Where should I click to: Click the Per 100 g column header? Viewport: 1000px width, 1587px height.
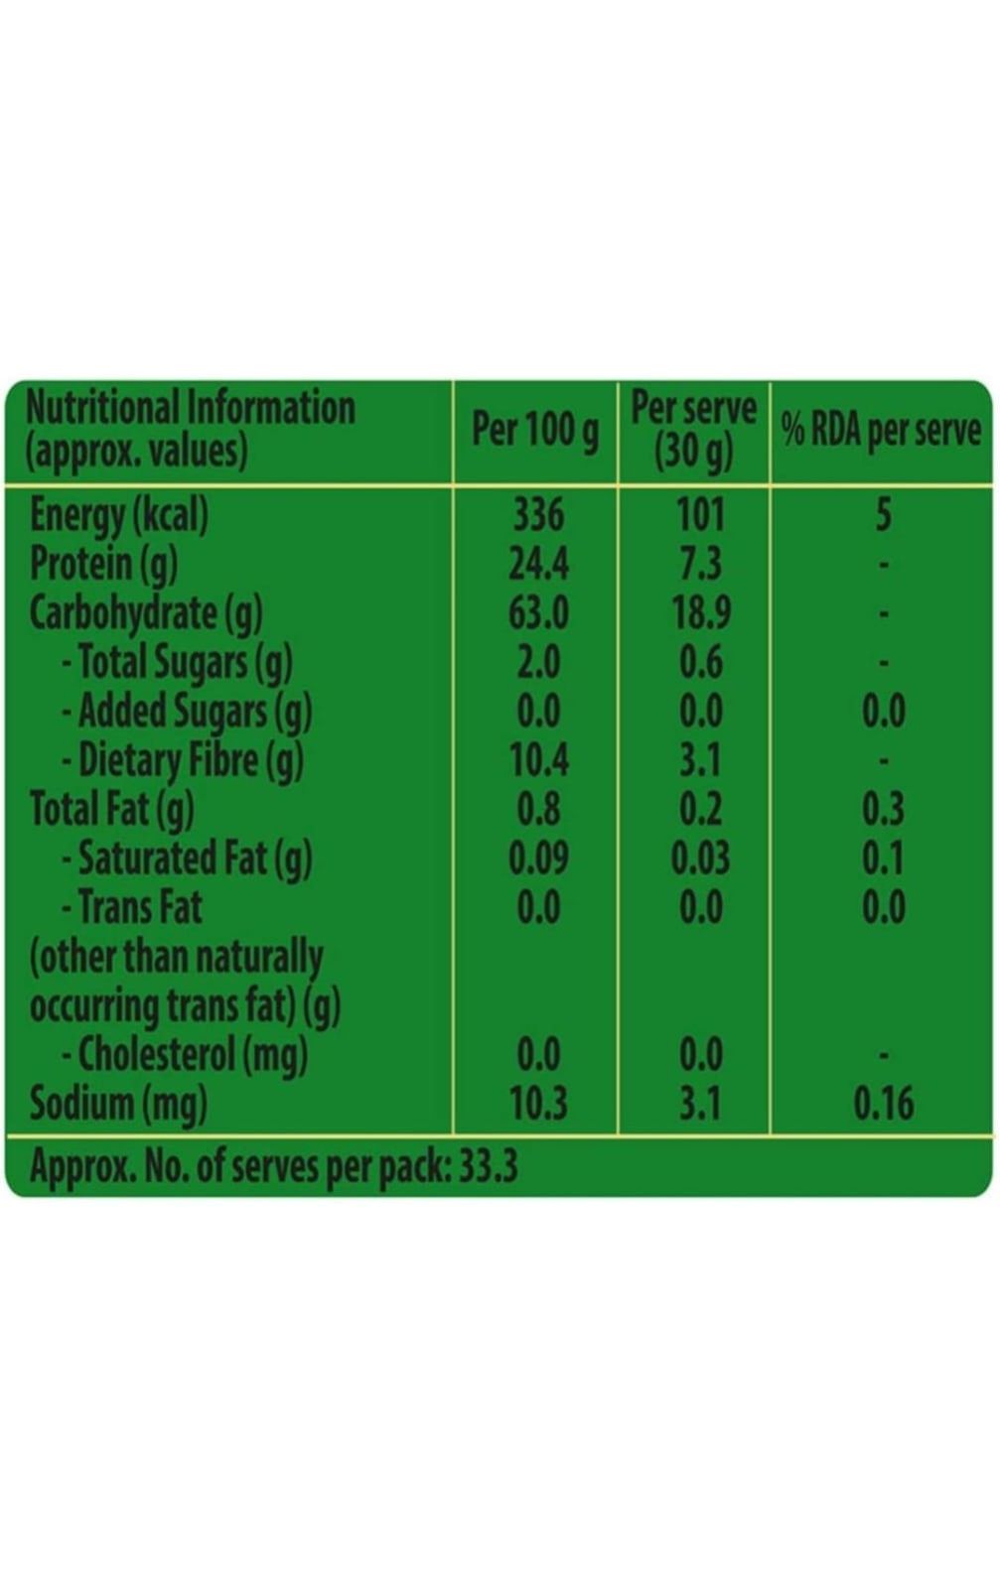pyautogui.click(x=535, y=430)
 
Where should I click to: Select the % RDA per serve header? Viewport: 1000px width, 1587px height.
pyautogui.click(x=881, y=430)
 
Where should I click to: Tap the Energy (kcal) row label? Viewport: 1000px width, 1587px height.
pyautogui.click(x=119, y=514)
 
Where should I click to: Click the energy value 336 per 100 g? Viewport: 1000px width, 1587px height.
pyautogui.click(x=537, y=514)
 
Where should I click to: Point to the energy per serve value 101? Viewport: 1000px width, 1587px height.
pyautogui.click(x=700, y=514)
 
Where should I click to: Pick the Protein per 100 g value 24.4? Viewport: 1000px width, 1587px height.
pyautogui.click(x=537, y=564)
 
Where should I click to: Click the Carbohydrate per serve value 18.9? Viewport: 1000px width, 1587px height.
pyautogui.click(x=700, y=612)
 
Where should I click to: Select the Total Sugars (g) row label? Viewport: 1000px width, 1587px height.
pyautogui.click(x=177, y=662)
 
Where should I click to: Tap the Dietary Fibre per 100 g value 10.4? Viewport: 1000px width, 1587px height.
pyautogui.click(x=537, y=760)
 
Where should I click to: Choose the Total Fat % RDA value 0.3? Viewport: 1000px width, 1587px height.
pyautogui.click(x=883, y=809)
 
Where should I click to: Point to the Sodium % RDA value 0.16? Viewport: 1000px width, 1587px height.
pyautogui.click(x=883, y=1104)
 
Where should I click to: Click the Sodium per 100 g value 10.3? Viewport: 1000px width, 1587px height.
pyautogui.click(x=537, y=1104)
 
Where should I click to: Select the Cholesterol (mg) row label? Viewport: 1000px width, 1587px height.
pyautogui.click(x=185, y=1054)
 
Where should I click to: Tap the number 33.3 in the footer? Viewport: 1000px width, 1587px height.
pyautogui.click(x=488, y=1165)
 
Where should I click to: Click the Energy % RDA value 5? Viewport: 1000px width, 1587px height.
pyautogui.click(x=883, y=514)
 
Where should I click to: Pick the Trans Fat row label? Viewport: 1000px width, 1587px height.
pyautogui.click(x=132, y=907)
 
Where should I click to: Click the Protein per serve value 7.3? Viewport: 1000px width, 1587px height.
pyautogui.click(x=700, y=564)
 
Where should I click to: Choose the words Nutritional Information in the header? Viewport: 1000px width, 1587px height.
pyautogui.click(x=190, y=407)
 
